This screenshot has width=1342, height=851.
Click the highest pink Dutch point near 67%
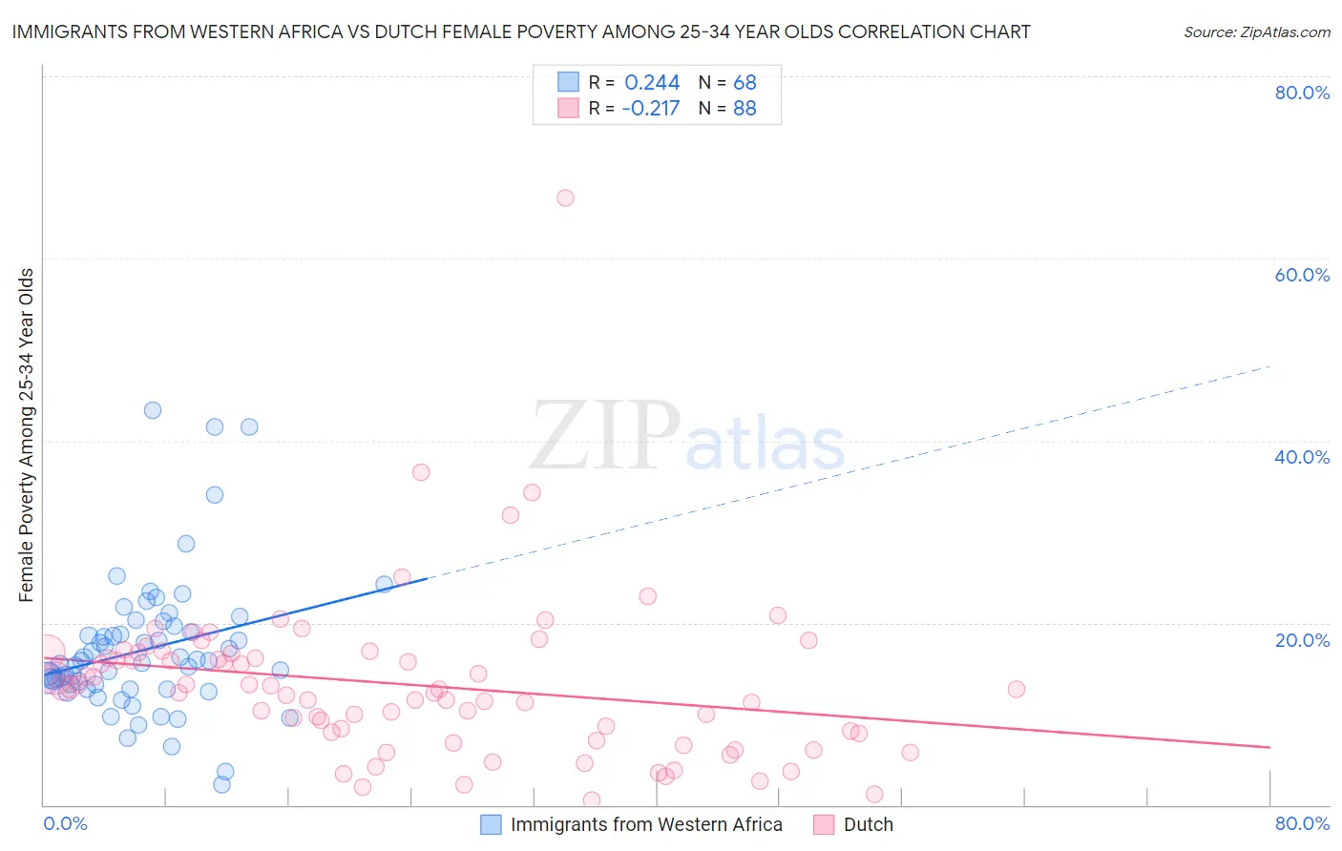coord(565,197)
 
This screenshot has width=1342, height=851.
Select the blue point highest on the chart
coord(152,410)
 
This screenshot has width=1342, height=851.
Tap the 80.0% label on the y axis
coord(1302,93)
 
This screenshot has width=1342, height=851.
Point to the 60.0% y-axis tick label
coord(1302,275)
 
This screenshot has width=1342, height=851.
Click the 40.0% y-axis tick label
coord(1302,457)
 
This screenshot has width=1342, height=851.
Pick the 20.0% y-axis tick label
coord(1302,640)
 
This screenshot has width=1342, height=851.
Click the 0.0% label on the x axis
coord(65,823)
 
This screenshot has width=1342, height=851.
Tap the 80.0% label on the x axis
coord(1302,823)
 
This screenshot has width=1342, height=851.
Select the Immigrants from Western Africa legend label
coord(646,825)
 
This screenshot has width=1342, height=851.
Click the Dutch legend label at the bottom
coord(868,825)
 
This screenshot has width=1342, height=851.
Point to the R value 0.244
coord(652,83)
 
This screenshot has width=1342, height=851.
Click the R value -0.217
coord(650,109)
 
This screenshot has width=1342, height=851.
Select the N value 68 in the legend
coord(744,83)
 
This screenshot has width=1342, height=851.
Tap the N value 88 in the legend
coord(744,109)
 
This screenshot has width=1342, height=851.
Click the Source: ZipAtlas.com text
coord(1256,32)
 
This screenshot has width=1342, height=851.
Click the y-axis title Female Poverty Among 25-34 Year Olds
coord(27,435)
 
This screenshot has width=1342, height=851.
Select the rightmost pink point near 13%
coord(1016,689)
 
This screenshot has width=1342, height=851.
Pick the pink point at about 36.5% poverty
coord(420,472)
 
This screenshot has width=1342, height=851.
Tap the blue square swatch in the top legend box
coord(569,82)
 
